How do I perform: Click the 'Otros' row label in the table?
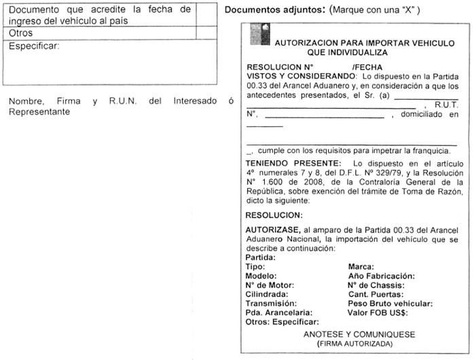(x=22, y=33)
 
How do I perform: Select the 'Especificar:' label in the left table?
(x=35, y=46)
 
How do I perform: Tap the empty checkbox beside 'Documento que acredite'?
(x=206, y=16)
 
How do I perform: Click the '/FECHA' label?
(x=368, y=68)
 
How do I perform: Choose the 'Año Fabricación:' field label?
(x=381, y=276)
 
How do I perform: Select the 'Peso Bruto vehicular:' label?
(x=390, y=304)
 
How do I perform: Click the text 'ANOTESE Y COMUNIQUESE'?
(x=359, y=335)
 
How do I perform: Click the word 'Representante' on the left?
(x=39, y=112)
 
